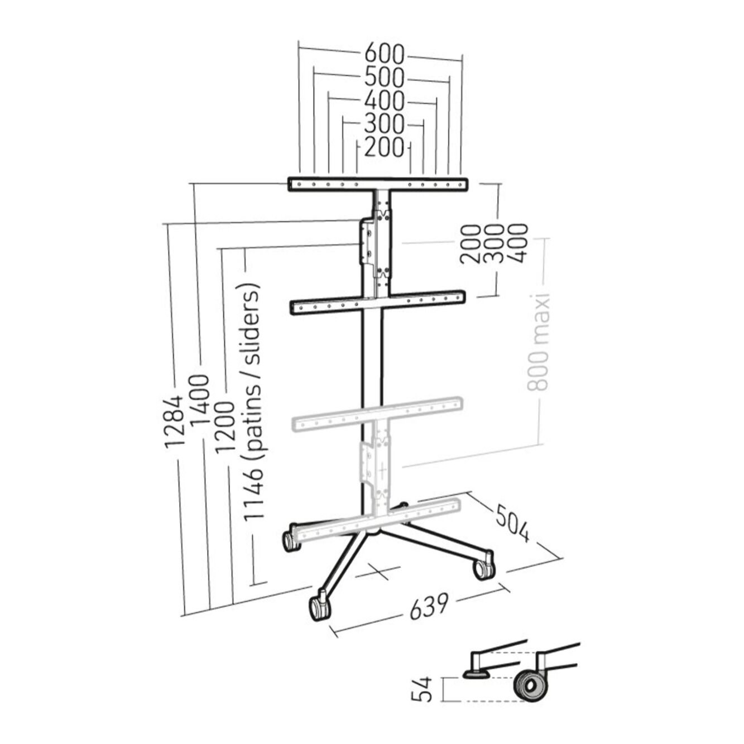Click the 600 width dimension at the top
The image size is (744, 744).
[x=384, y=54]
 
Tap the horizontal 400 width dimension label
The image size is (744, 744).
[x=384, y=101]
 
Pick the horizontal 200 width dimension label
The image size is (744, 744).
[x=384, y=147]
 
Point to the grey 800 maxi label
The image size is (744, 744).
[x=539, y=341]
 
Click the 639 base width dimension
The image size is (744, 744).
[x=429, y=606]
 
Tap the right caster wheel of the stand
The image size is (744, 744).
[x=483, y=568]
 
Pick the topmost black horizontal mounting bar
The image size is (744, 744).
[x=377, y=184]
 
